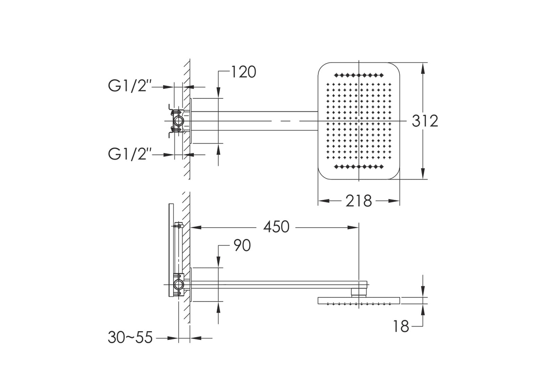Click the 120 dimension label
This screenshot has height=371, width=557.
point(243,72)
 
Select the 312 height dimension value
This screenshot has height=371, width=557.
point(425,121)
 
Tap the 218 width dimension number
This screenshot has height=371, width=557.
point(358,201)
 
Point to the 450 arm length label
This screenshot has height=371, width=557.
point(276,227)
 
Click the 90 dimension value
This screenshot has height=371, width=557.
point(242,245)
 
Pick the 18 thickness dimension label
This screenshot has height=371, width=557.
point(401,326)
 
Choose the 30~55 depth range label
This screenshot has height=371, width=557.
point(130,338)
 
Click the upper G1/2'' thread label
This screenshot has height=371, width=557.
point(130,86)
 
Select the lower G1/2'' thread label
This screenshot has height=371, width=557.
point(130,154)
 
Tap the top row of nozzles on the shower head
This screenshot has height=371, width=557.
point(359,75)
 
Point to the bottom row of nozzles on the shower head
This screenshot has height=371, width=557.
point(359,167)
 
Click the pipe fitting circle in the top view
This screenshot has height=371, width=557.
point(178,121)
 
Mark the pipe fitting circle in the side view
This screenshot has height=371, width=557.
point(178,285)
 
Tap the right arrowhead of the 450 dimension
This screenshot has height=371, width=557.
point(353,227)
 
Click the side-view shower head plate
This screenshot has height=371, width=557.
point(359,301)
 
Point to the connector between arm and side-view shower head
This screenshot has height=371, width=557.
point(359,293)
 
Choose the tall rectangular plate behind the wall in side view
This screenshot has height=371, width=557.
point(171,250)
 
